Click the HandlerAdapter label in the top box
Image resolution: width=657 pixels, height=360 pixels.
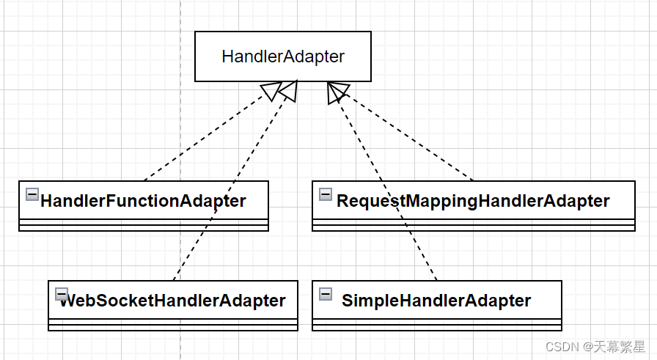click(283, 56)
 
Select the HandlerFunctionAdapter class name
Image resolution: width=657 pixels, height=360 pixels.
click(143, 200)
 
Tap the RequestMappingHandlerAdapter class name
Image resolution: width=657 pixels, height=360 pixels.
click(473, 200)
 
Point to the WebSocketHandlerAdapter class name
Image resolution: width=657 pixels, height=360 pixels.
click(172, 300)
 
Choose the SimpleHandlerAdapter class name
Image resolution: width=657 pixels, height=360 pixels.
click(436, 300)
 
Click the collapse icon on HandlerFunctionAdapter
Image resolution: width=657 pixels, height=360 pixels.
click(32, 194)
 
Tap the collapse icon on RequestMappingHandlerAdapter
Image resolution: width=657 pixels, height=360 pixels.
click(326, 194)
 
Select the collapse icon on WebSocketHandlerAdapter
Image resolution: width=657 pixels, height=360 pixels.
click(61, 293)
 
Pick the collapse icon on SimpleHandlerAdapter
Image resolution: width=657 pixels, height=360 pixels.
click(326, 293)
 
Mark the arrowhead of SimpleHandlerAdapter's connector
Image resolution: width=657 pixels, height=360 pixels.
click(334, 92)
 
